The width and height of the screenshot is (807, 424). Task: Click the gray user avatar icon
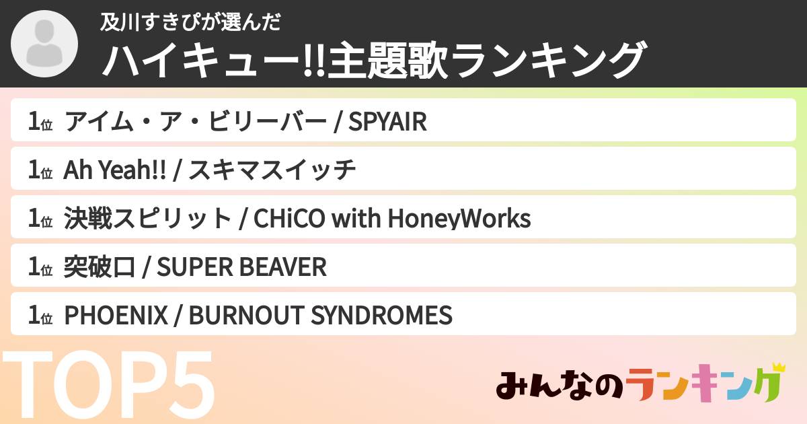[x=45, y=44]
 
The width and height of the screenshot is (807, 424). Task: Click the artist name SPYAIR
[x=387, y=122]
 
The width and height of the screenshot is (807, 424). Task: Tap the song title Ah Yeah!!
[x=114, y=171]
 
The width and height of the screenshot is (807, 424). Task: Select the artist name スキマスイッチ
[x=272, y=171]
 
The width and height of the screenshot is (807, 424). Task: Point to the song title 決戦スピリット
[x=147, y=219]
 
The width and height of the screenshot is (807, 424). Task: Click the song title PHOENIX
[x=115, y=315]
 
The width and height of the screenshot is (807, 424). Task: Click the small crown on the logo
[x=779, y=368]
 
